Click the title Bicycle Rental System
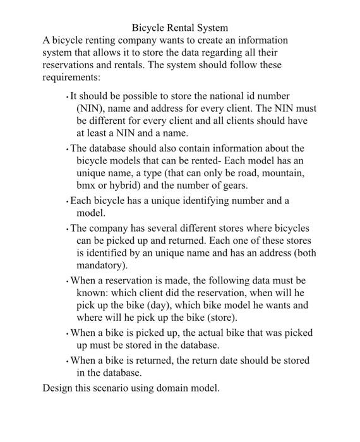(x=180, y=28)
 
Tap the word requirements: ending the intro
(x=71, y=78)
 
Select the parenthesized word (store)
(x=220, y=318)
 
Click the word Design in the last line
(x=57, y=388)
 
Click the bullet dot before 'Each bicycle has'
(x=67, y=202)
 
